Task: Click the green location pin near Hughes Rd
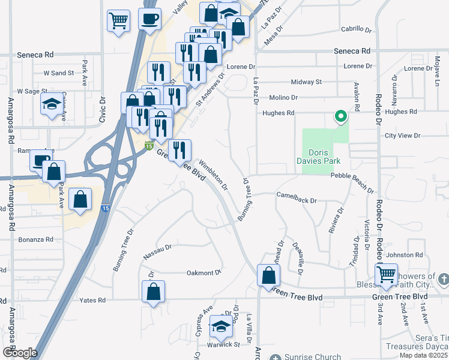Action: point(340,116)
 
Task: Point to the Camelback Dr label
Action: point(296,196)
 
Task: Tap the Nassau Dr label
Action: point(158,251)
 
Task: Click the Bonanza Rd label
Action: point(36,239)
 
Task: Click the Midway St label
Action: point(306,82)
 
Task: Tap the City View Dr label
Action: point(401,136)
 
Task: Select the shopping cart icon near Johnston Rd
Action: point(387,275)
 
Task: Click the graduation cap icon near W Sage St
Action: point(51,104)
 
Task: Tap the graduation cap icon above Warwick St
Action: point(221,328)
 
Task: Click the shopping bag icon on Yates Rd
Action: point(154,292)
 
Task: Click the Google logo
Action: point(20,352)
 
